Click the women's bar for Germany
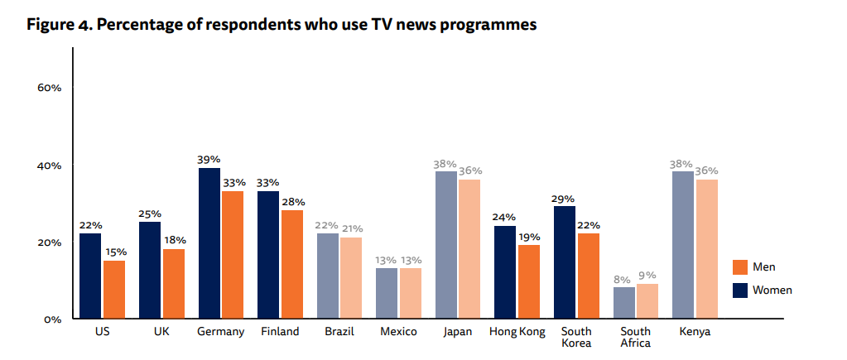[209, 243]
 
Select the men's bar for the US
[114, 290]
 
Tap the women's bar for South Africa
[624, 303]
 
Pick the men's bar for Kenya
[706, 249]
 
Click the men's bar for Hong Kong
[527, 281]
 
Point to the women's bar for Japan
[446, 245]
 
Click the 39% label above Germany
[209, 160]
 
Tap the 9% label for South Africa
[647, 276]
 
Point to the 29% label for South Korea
[565, 199]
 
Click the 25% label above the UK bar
[150, 214]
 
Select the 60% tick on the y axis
[50, 89]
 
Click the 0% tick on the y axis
[53, 319]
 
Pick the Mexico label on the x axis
[398, 333]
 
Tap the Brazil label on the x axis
[339, 333]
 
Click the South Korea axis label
[576, 338]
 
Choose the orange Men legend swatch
[740, 267]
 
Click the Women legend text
[772, 290]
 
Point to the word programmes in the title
[488, 25]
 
